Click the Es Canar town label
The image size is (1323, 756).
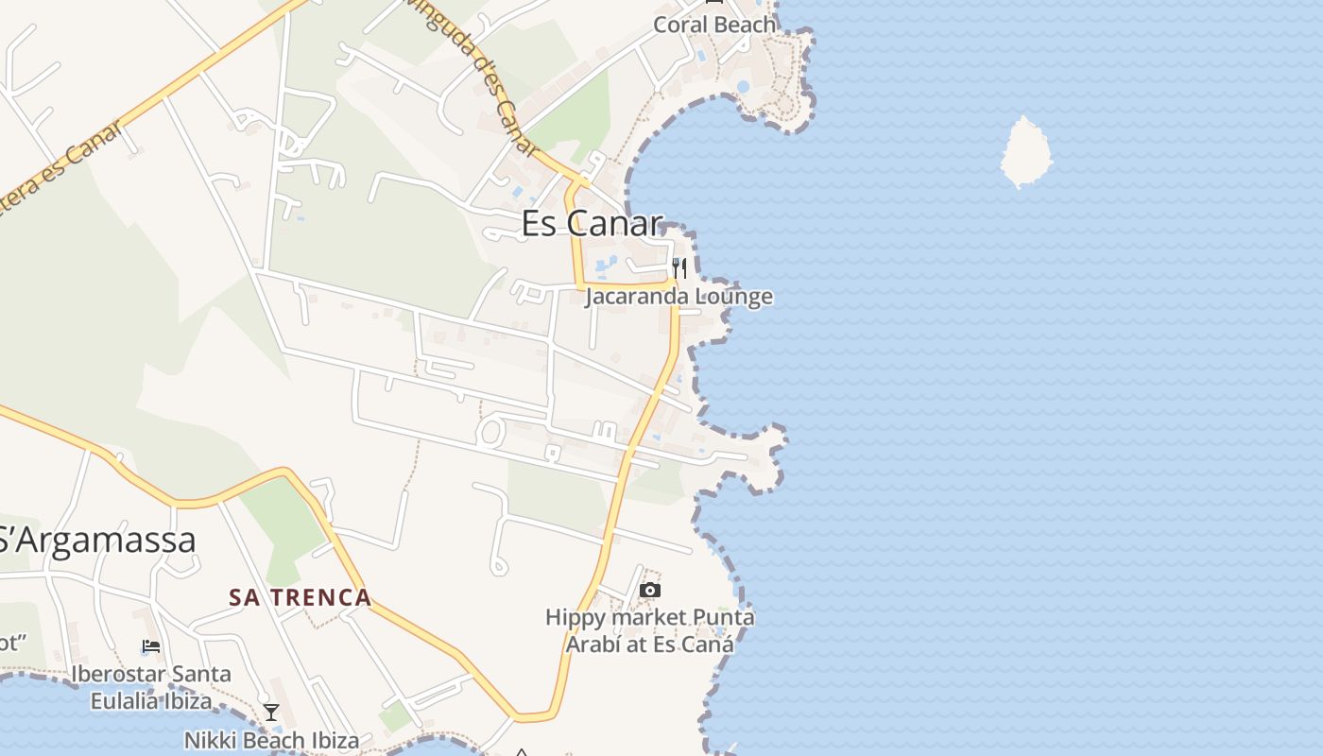593,223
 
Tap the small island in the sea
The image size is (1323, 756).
1024,151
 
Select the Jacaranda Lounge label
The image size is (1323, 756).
679,297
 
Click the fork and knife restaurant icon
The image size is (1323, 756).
679,268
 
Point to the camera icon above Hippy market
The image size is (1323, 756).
649,591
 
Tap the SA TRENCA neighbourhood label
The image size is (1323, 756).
301,597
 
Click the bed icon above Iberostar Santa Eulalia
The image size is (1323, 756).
150,647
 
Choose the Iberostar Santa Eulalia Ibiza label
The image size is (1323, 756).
151,687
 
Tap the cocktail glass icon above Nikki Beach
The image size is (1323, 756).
271,712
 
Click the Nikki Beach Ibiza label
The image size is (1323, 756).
271,740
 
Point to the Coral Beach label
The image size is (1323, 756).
714,25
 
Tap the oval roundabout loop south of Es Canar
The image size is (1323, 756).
490,433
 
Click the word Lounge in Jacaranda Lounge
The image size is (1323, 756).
734,297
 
